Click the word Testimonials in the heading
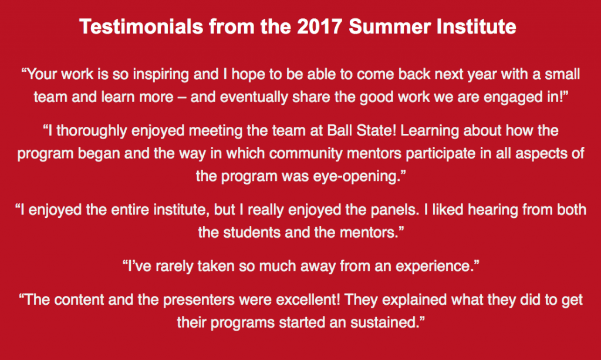pos(141,27)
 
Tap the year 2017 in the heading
pos(319,27)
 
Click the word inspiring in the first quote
pos(161,75)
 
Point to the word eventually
pos(254,97)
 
